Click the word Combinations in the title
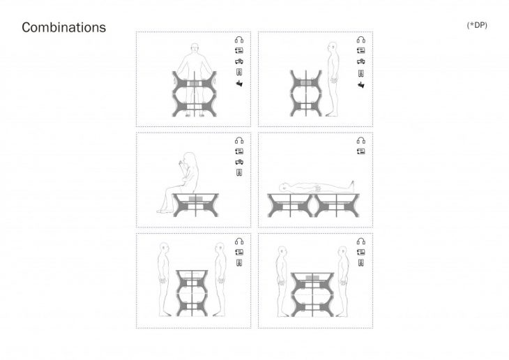pyautogui.click(x=63, y=27)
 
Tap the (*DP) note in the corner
pyautogui.click(x=477, y=25)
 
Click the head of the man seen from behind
pyautogui.click(x=195, y=47)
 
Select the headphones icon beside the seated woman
pyautogui.click(x=239, y=140)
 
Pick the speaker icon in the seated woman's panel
pyautogui.click(x=239, y=172)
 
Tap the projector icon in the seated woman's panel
pyautogui.click(x=239, y=162)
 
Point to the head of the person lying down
pyautogui.click(x=284, y=187)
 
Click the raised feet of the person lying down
pyautogui.click(x=351, y=186)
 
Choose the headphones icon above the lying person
pyautogui.click(x=361, y=140)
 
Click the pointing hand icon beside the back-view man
pyautogui.click(x=239, y=84)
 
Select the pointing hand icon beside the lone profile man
pyautogui.click(x=361, y=85)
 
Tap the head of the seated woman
pyautogui.click(x=190, y=158)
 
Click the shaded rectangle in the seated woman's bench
pyautogui.click(x=196, y=199)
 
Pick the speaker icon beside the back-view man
pyautogui.click(x=239, y=72)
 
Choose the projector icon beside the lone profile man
pyautogui.click(x=361, y=61)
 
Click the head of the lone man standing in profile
pyautogui.click(x=332, y=47)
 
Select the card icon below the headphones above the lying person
pyautogui.click(x=361, y=151)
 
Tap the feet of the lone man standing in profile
pyautogui.click(x=332, y=114)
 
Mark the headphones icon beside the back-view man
pyautogui.click(x=239, y=40)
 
